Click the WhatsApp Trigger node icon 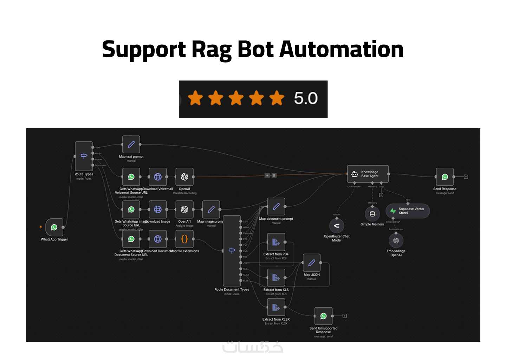(x=54, y=227)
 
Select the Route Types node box (x=84, y=156)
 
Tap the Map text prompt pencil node (x=131, y=144)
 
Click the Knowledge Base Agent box (x=368, y=174)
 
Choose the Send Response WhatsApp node (x=445, y=177)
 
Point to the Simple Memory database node (x=372, y=214)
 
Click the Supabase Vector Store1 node (x=408, y=211)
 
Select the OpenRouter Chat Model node (x=337, y=226)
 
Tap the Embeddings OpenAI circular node (x=396, y=240)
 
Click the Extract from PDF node (x=276, y=242)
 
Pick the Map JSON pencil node (x=312, y=263)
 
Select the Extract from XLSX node (x=276, y=307)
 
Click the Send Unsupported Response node (x=323, y=316)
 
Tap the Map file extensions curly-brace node (x=184, y=239)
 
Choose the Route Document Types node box (x=232, y=251)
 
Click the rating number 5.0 (x=306, y=98)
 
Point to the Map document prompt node (x=276, y=207)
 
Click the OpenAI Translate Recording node (x=184, y=177)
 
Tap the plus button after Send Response (x=466, y=177)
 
